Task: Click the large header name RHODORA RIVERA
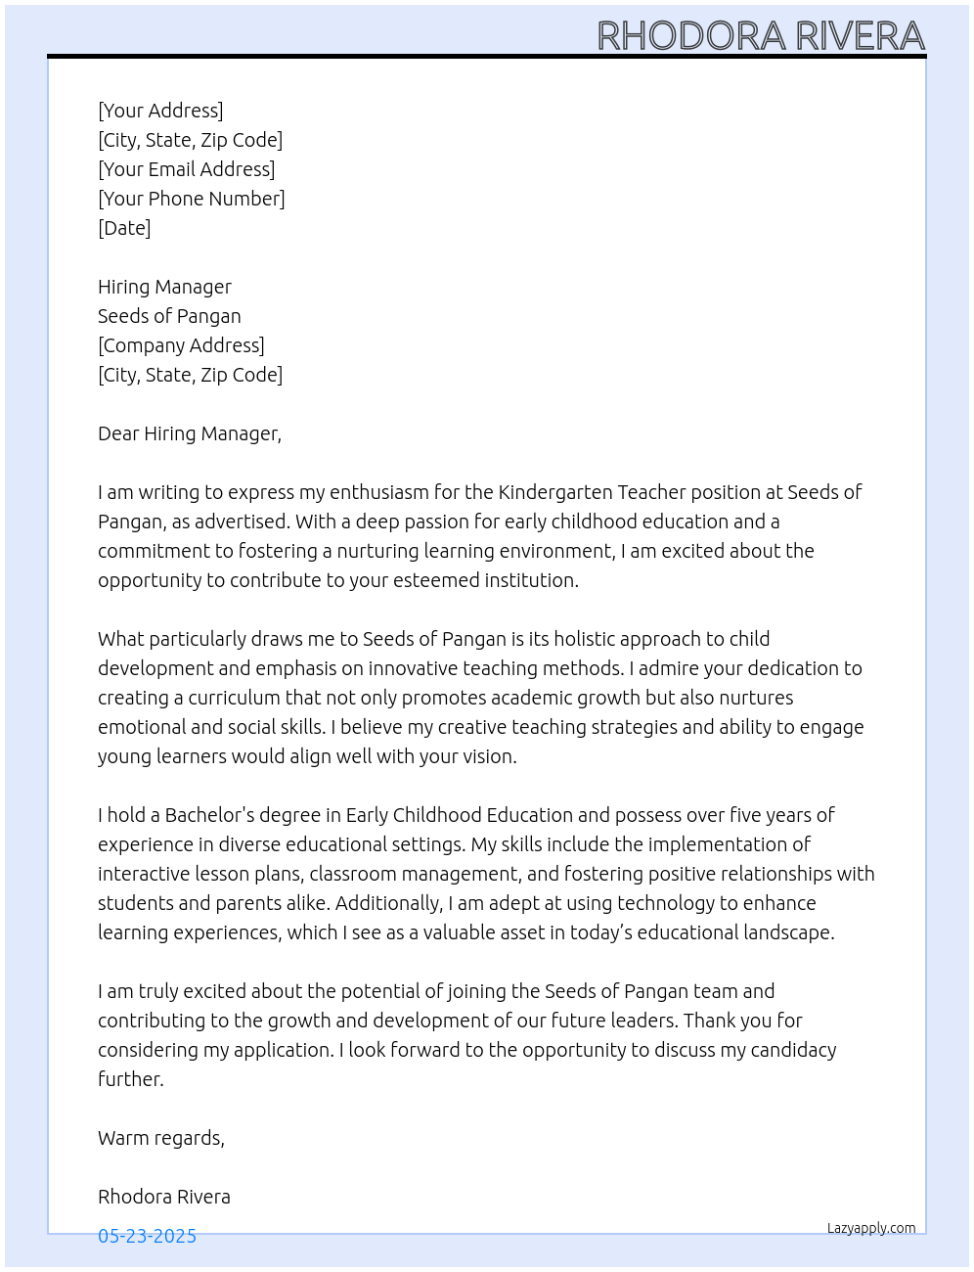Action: point(760,35)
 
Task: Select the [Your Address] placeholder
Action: point(160,111)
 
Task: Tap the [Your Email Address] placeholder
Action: point(186,169)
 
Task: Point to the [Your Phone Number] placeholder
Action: point(192,199)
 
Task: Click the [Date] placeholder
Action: point(124,228)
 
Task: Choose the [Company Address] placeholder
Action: point(181,345)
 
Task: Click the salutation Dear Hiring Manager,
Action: point(190,433)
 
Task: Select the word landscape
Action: point(787,932)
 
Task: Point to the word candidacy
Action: point(793,1050)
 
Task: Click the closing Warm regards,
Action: point(161,1138)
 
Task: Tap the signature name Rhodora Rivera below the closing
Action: point(164,1197)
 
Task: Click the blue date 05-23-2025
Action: point(147,1236)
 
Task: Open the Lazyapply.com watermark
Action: point(871,1228)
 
